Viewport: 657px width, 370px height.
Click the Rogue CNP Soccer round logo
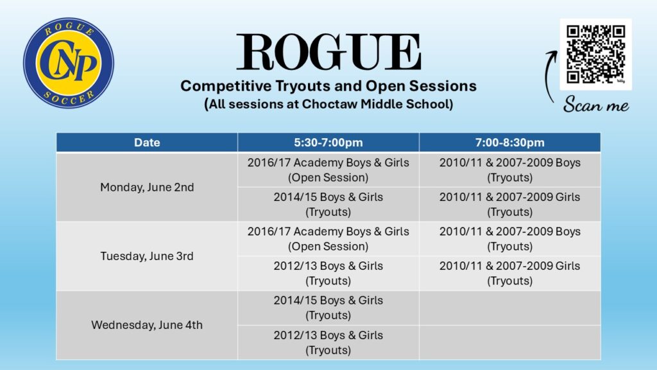click(x=69, y=63)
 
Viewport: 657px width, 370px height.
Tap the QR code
click(x=596, y=54)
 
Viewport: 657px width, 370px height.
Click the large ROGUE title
click(x=329, y=52)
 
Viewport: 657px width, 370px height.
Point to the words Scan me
click(x=596, y=104)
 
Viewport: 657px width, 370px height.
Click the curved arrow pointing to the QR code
click(x=548, y=76)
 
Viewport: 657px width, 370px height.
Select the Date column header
click(x=147, y=142)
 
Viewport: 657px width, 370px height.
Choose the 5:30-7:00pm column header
click(x=328, y=142)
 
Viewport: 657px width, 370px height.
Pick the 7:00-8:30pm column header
click(x=510, y=142)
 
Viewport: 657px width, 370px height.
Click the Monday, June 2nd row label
click(x=147, y=187)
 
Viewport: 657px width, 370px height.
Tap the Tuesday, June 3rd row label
click(x=147, y=256)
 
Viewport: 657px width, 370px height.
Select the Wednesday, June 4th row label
click(x=147, y=325)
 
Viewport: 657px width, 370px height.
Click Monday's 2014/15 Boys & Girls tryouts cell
click(x=328, y=204)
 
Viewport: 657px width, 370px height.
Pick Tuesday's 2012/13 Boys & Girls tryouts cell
click(x=328, y=273)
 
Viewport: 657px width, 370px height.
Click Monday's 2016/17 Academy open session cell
click(x=328, y=170)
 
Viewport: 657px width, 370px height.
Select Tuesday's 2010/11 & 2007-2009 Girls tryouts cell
click(x=510, y=273)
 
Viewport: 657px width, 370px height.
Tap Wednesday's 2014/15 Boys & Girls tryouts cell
click(x=328, y=308)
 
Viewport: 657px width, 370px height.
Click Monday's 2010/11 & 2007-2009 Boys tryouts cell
click(x=510, y=170)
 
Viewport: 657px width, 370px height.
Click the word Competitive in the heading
click(x=226, y=86)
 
